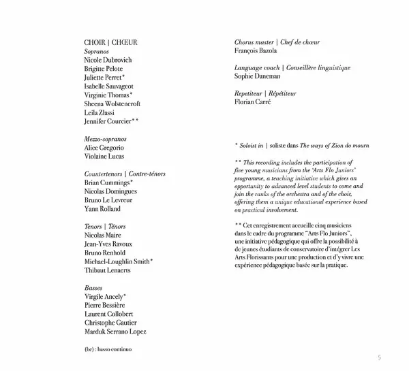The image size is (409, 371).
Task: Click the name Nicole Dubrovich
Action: [x=108, y=60]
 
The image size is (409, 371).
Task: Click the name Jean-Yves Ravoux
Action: [x=108, y=244]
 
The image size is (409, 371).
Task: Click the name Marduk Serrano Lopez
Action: [x=116, y=332]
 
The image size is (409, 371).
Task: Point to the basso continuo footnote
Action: [x=108, y=349]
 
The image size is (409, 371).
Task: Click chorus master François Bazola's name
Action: [x=256, y=51]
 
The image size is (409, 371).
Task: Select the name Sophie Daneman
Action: [x=257, y=77]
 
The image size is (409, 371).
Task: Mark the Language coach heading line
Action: [x=292, y=68]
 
